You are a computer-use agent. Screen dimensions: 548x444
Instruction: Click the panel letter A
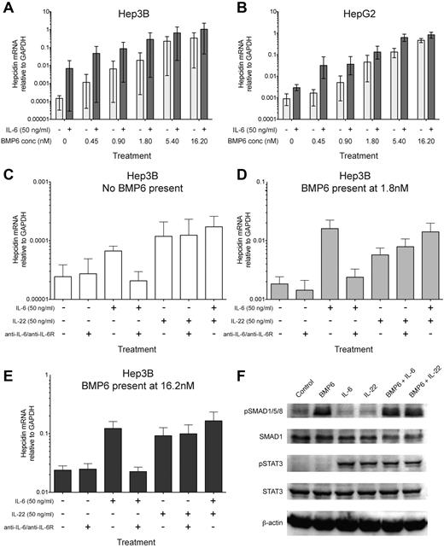pos(7,8)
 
